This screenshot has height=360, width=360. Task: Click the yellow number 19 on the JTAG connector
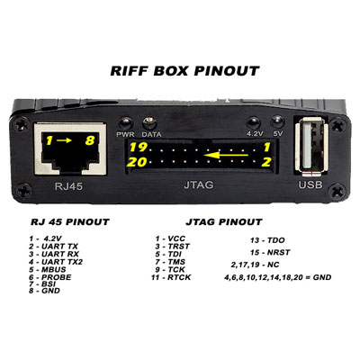[x=138, y=147]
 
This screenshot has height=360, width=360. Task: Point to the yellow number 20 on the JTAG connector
[x=138, y=163]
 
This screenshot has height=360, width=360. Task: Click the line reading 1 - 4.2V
[x=47, y=238]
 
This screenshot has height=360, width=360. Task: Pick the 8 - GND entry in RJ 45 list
[x=46, y=290]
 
